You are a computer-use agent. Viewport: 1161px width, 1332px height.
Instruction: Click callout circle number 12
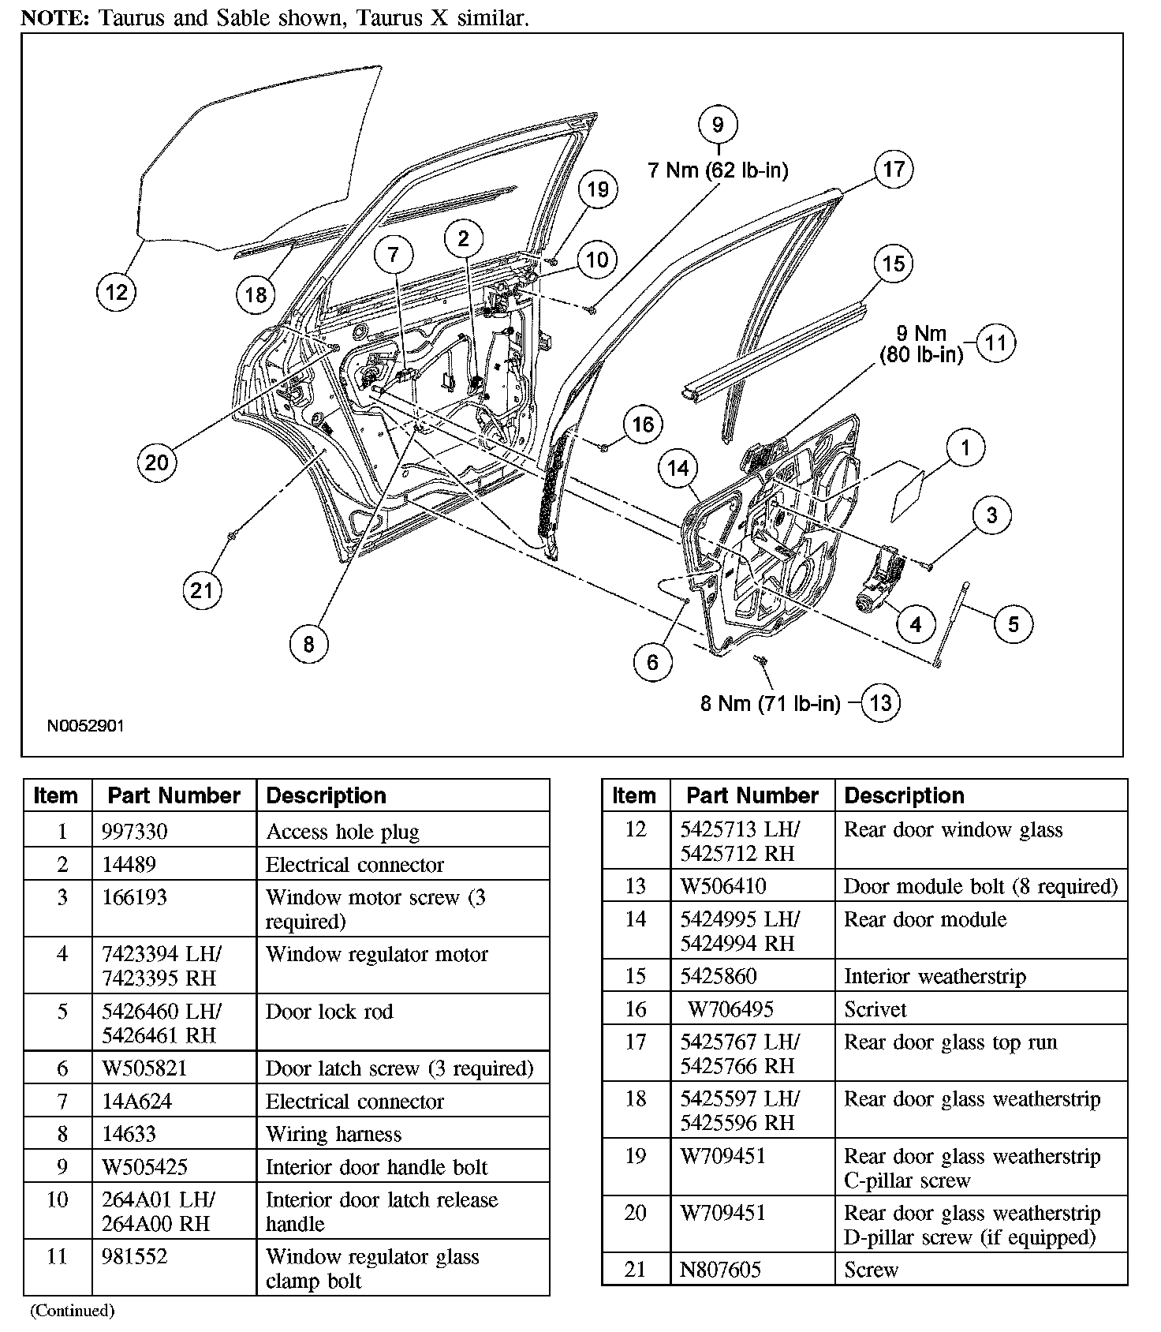tap(116, 293)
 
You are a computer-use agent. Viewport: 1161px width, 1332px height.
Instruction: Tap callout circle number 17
tap(894, 169)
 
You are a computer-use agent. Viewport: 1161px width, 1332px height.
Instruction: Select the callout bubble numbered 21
tap(202, 590)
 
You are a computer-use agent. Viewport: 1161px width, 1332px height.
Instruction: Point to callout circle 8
tap(308, 645)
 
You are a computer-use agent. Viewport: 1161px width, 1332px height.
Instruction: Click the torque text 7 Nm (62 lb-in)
tap(718, 170)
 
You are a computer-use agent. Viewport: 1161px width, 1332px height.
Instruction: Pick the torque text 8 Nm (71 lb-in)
tap(770, 703)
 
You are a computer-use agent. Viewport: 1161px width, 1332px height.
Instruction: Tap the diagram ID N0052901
tap(85, 726)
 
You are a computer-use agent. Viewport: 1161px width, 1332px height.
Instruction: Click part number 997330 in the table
tap(134, 832)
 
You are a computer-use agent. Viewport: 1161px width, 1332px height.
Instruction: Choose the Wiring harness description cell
tap(334, 1134)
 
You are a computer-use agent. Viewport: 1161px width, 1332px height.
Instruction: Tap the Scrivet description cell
tap(875, 1009)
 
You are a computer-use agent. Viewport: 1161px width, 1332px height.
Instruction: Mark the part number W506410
tap(723, 886)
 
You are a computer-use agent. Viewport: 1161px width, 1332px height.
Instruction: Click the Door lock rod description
tap(329, 1012)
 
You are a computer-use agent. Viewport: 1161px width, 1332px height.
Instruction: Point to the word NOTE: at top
tap(55, 18)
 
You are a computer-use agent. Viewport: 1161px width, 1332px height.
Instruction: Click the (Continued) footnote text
tap(73, 1311)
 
